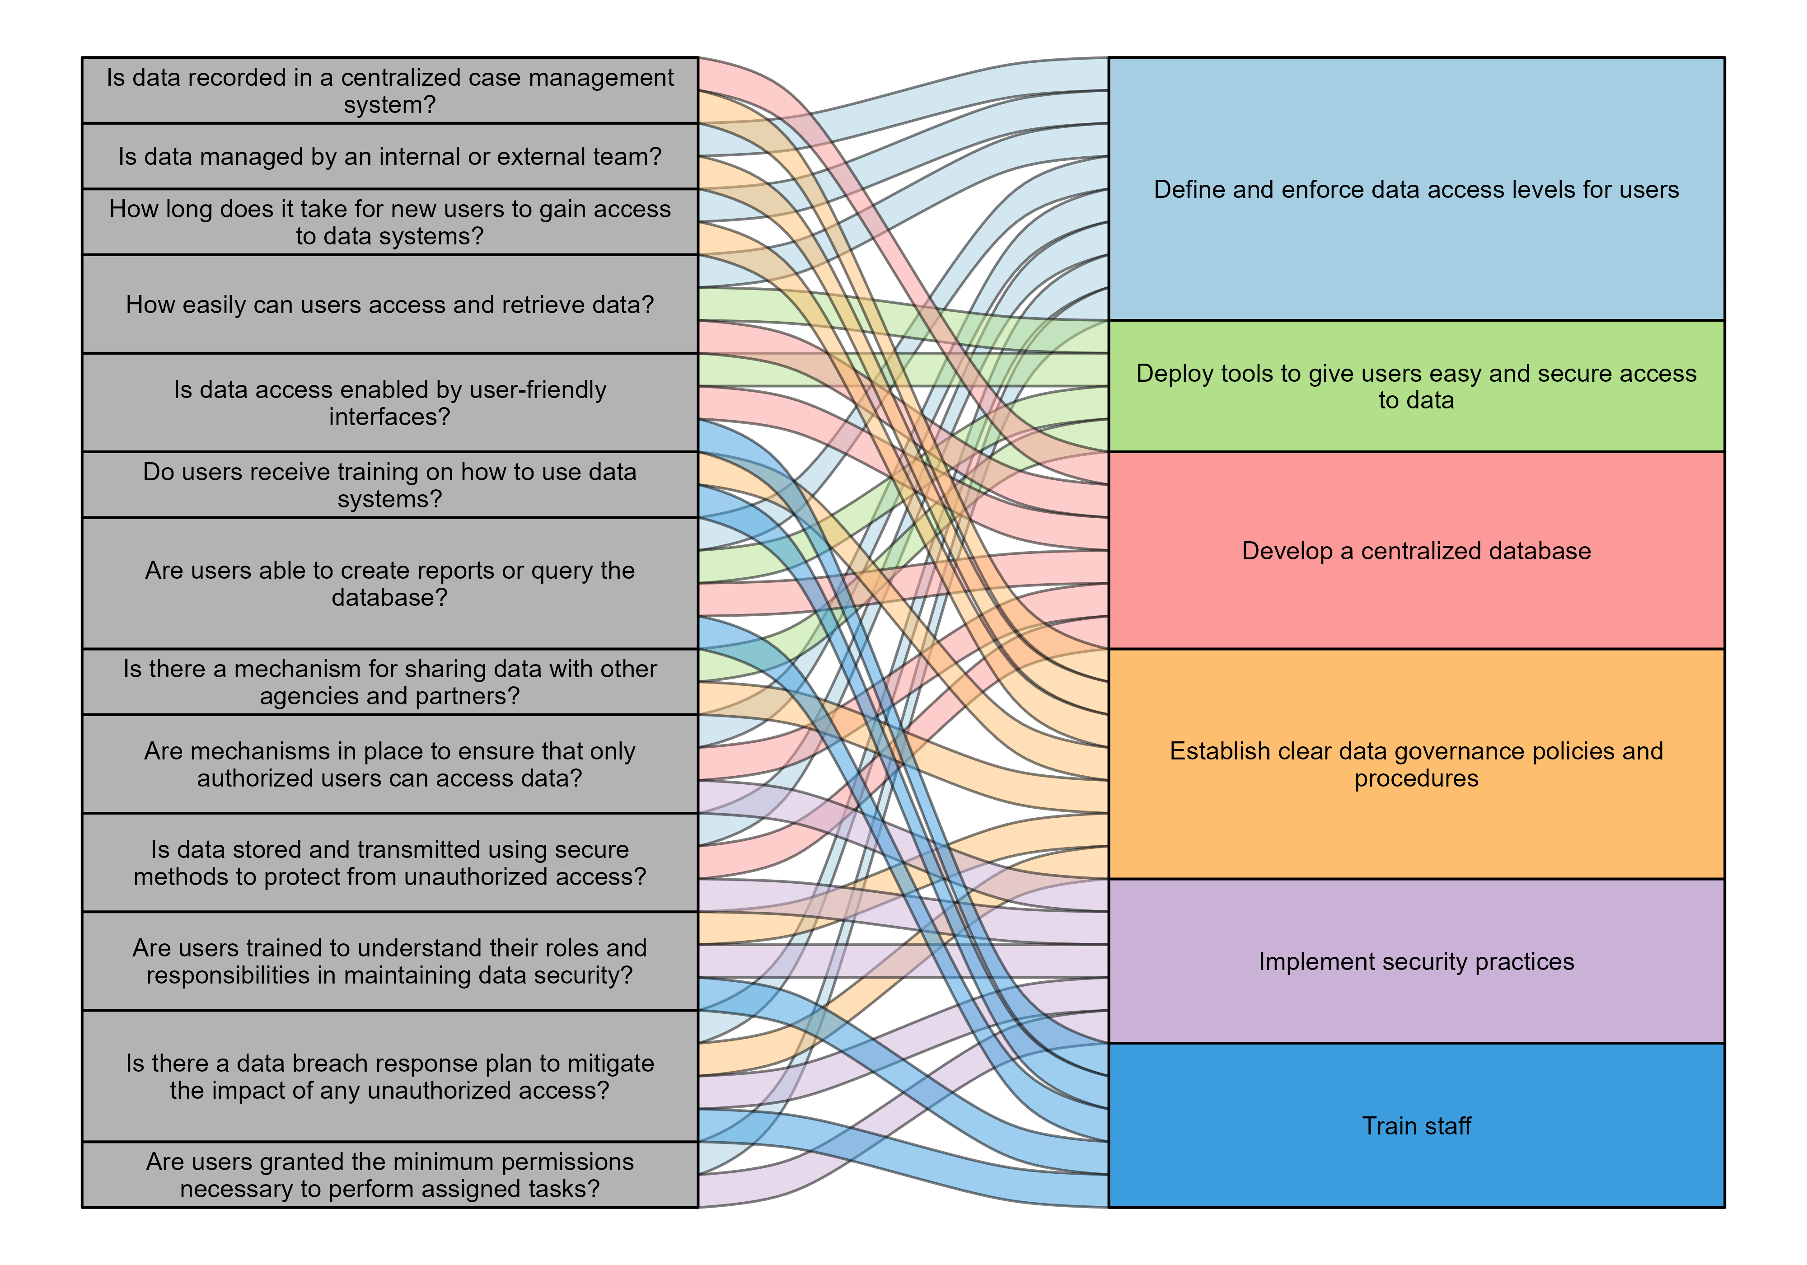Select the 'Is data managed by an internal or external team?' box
[x=389, y=156]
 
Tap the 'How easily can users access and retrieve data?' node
[x=389, y=304]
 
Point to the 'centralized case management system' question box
[x=389, y=90]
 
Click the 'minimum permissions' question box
[x=389, y=1175]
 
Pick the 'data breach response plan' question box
[x=389, y=1076]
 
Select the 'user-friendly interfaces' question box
[x=389, y=402]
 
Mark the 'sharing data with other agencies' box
[x=389, y=682]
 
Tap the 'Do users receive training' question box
[x=389, y=484]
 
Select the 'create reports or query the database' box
[x=389, y=583]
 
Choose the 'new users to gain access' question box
[x=389, y=221]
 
